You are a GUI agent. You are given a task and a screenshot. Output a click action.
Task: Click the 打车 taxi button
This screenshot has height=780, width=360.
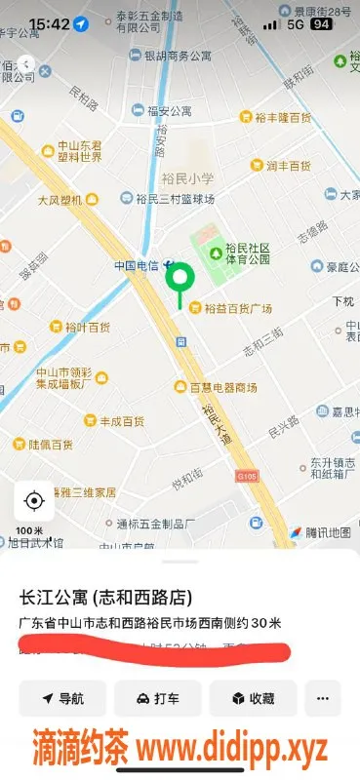point(158,698)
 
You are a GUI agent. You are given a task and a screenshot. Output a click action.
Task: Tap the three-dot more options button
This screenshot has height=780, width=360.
point(323,698)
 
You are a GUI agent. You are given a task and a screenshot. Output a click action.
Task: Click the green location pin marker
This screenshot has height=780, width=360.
point(179,279)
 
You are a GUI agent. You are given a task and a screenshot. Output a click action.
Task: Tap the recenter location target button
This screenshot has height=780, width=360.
point(34,501)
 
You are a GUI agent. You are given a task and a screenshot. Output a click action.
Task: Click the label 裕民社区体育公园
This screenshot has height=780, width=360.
point(247,254)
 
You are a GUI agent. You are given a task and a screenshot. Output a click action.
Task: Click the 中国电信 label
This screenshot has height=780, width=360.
point(137,265)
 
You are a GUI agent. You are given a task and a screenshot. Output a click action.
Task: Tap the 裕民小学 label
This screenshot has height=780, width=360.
point(188,178)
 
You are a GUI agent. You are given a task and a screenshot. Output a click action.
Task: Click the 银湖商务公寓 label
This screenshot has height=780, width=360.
point(176,57)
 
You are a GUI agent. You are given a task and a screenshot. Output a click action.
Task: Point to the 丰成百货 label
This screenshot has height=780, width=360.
point(121,421)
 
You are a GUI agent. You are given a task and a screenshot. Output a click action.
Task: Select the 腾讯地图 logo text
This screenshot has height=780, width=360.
point(326,532)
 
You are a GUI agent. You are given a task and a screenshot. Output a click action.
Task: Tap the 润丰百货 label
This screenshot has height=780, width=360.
point(288,165)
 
